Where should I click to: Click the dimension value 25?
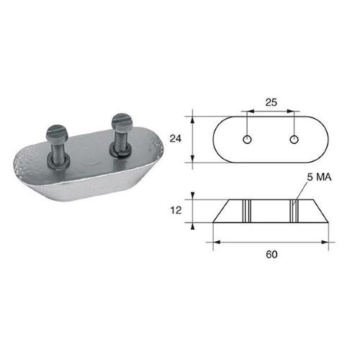(271, 102)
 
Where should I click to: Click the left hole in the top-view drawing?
(248, 138)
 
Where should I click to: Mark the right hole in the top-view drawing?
(294, 138)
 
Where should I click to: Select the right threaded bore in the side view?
(294, 210)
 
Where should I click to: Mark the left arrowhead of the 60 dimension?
(217, 241)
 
